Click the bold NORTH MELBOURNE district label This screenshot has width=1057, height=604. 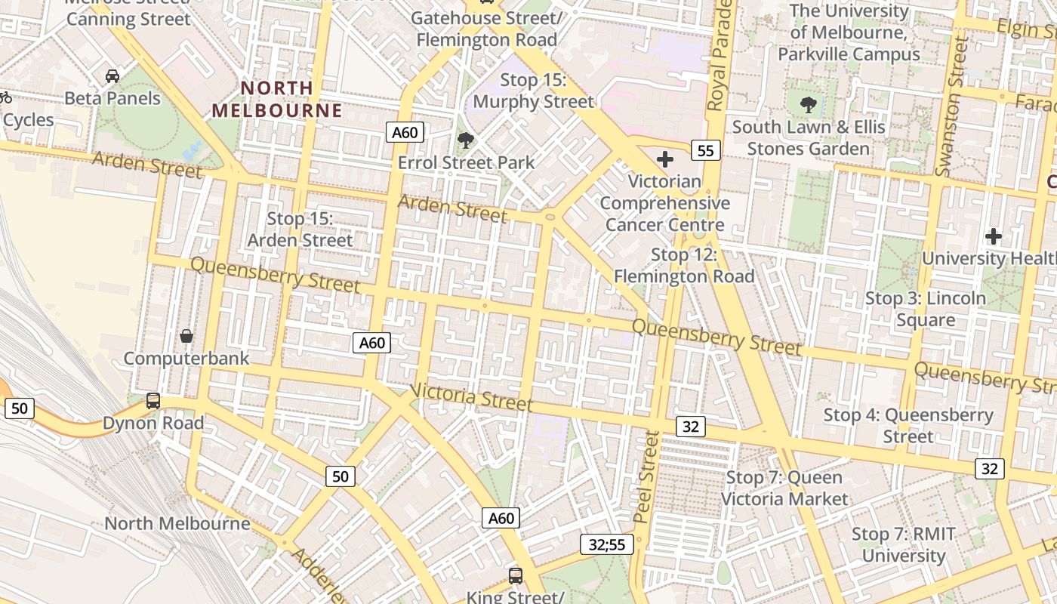tap(276, 99)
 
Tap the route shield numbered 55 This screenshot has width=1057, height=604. tap(705, 150)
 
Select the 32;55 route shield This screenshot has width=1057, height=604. tap(607, 544)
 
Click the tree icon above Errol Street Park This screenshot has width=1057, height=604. tap(466, 140)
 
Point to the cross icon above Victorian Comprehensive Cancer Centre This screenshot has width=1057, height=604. tap(665, 159)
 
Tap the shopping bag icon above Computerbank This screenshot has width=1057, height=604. tap(186, 335)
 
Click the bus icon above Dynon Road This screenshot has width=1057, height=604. tap(153, 400)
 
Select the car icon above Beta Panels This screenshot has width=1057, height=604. tap(112, 76)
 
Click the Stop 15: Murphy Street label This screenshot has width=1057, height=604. tap(534, 91)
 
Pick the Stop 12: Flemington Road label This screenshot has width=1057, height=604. tap(684, 266)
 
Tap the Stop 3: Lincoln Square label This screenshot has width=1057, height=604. tap(926, 309)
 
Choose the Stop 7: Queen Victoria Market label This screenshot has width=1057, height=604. tap(784, 488)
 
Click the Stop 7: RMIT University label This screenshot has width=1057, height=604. tap(904, 544)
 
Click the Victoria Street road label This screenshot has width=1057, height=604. tap(472, 397)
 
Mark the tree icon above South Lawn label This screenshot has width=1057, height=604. tap(809, 105)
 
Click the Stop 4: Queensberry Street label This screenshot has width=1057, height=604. tap(908, 425)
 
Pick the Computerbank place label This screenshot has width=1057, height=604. tap(186, 358)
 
